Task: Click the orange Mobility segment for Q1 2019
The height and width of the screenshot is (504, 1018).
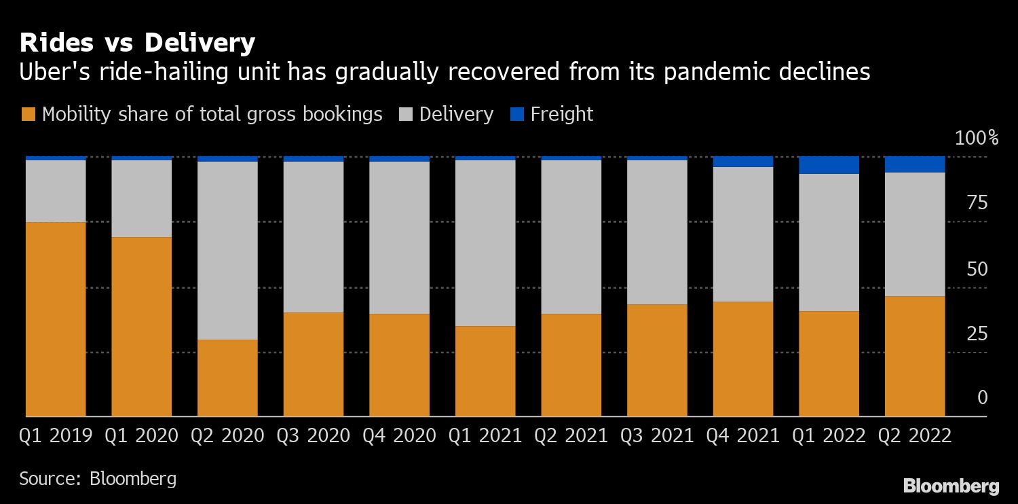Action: (x=56, y=319)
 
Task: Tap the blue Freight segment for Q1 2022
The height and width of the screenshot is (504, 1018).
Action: (x=829, y=165)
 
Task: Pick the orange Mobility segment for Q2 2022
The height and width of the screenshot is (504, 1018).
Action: (x=915, y=356)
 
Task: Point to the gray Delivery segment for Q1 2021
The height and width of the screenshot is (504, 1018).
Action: (x=485, y=242)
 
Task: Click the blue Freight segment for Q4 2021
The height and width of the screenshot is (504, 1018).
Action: (x=743, y=162)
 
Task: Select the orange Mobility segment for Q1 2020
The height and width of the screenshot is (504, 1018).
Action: (x=141, y=327)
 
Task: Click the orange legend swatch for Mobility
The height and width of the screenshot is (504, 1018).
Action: (x=28, y=114)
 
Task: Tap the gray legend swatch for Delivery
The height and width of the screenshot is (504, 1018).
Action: (x=405, y=114)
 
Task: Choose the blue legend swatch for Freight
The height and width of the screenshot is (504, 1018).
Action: (x=516, y=114)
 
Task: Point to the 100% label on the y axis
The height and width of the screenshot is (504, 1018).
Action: (x=976, y=139)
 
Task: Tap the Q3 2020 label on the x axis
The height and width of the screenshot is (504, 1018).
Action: (x=314, y=435)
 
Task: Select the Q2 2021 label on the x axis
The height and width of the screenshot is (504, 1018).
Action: (x=571, y=435)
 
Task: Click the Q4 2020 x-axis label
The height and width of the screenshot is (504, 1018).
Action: (x=399, y=435)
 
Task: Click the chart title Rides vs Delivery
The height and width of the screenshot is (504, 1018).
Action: (x=137, y=43)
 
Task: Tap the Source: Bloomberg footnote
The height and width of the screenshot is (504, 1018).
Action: (x=98, y=478)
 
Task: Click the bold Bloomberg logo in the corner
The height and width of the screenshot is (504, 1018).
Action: (x=951, y=486)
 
